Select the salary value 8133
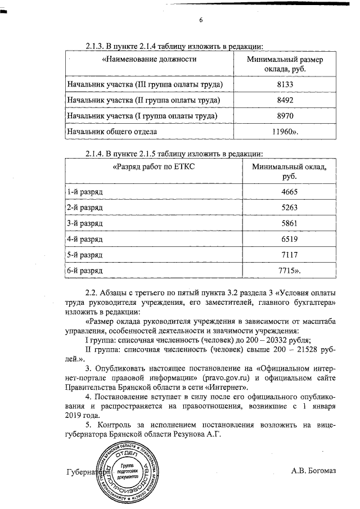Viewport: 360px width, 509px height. coord(286,84)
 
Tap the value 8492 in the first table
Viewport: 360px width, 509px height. coord(286,100)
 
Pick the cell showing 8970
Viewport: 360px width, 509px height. coord(286,116)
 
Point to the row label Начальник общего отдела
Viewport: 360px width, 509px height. coord(112,132)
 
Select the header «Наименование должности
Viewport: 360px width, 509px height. coord(149,59)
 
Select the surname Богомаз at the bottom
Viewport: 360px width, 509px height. coord(321,471)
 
